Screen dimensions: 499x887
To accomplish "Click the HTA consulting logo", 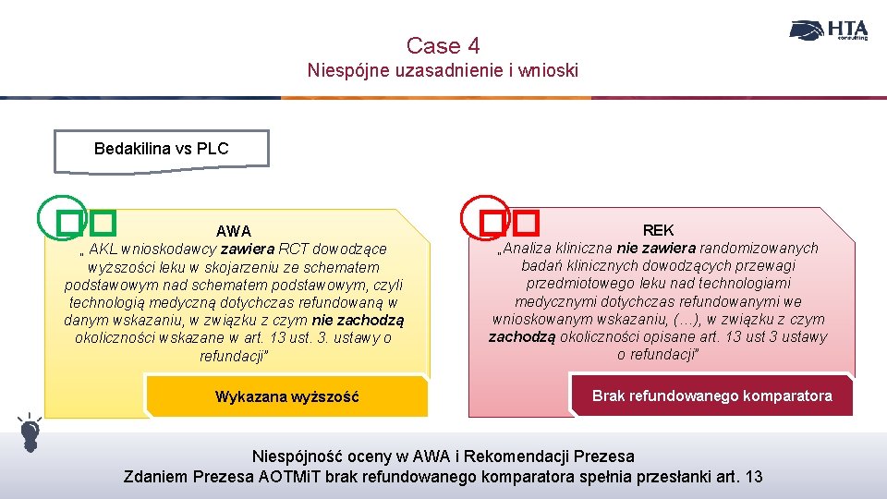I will tap(829, 30).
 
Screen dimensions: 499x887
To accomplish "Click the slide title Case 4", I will tap(443, 45).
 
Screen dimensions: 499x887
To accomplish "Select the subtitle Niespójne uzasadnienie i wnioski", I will tap(443, 70).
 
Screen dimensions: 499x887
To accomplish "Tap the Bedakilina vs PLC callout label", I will tap(162, 149).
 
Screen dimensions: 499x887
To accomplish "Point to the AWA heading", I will tap(234, 231).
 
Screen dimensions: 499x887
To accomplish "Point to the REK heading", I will tap(658, 230).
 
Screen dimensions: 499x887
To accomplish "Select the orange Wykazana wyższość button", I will tap(287, 397).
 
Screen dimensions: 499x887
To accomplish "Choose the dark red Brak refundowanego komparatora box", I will tap(711, 396).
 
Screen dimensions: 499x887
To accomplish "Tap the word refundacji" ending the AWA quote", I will tap(234, 356).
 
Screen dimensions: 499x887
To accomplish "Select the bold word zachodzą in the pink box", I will tap(522, 336).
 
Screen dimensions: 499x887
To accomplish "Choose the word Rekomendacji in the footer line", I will tap(524, 456).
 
